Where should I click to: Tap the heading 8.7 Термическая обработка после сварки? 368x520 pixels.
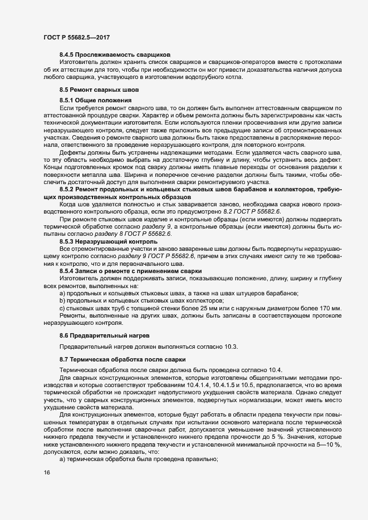coord(119,360)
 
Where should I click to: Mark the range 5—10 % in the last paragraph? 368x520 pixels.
coord(328,420)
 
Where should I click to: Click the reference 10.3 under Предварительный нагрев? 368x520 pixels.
coord(229,347)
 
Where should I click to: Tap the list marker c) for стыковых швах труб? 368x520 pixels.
coord(62,308)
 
